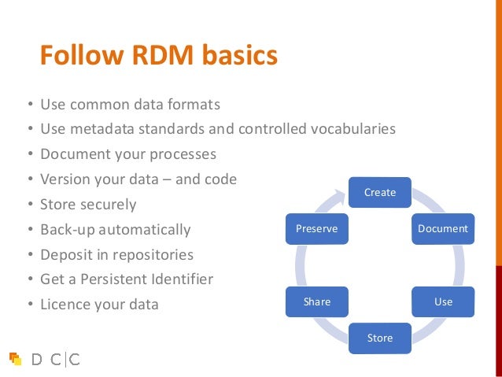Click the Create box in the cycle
click(x=379, y=192)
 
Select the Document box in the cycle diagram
click(x=443, y=228)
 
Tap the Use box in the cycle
click(x=443, y=301)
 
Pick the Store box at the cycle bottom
click(x=379, y=338)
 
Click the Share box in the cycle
click(x=317, y=301)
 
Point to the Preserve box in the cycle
click(x=316, y=228)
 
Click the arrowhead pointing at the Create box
click(x=340, y=190)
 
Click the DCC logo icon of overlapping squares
click(x=15, y=359)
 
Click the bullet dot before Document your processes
click(x=29, y=154)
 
